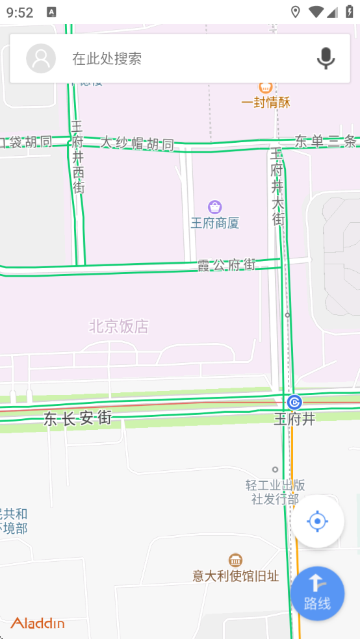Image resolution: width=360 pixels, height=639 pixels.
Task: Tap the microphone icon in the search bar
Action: tap(326, 58)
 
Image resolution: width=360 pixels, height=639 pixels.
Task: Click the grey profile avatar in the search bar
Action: tap(41, 58)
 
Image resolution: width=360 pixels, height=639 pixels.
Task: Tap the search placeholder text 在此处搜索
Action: tap(107, 58)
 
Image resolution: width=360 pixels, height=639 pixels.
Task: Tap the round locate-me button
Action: tap(317, 521)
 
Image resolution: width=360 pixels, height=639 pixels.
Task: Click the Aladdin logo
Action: tap(38, 623)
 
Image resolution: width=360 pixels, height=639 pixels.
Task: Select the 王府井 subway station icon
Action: tap(294, 402)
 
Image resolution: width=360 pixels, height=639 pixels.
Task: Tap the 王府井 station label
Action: tap(294, 420)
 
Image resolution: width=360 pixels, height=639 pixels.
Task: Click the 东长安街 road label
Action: tap(77, 419)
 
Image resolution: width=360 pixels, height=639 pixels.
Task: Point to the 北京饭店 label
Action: tap(119, 327)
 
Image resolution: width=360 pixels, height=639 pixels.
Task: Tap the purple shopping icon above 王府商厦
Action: tap(214, 207)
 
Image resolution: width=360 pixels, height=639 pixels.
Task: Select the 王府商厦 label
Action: tap(214, 223)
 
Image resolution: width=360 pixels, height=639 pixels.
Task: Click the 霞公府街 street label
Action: tap(227, 265)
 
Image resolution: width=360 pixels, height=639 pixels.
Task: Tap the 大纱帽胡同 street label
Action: tap(137, 143)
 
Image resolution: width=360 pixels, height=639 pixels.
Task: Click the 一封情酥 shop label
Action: tap(265, 103)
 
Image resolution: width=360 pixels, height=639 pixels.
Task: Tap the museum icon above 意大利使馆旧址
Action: tap(235, 560)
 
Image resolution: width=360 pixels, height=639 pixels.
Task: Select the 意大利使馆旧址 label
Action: tap(235, 576)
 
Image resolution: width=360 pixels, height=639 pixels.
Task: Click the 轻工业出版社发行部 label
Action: tap(275, 492)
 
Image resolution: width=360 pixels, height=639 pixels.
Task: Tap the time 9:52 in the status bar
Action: tap(19, 12)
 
